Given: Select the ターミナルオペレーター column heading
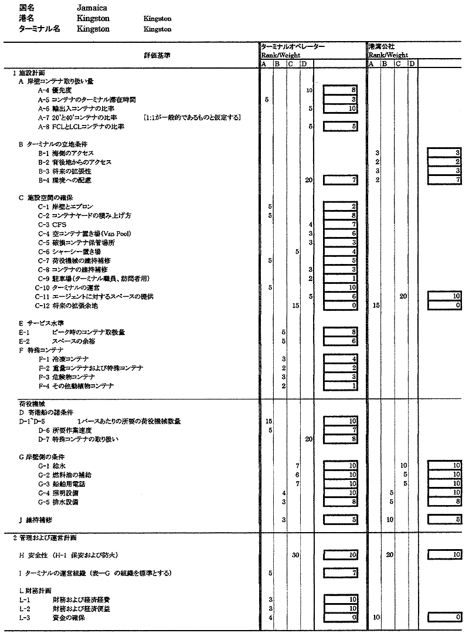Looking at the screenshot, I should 293,46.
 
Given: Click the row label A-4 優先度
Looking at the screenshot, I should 57,90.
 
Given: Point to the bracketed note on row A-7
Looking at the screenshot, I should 191,117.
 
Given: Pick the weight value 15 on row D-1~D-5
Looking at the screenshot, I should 269,421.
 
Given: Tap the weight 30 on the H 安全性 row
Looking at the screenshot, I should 296,554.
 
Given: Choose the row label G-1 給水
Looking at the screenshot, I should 51,465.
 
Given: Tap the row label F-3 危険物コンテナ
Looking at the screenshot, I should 67,377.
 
